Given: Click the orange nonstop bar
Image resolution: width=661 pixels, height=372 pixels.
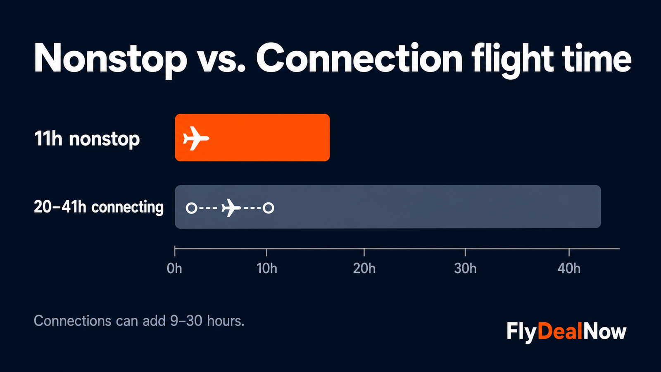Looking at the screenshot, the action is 252,138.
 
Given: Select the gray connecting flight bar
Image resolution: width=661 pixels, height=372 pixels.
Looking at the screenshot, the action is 388,207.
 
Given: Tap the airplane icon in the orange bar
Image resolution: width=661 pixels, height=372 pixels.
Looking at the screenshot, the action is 196,138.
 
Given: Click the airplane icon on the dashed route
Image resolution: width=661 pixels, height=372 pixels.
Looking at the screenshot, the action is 231,208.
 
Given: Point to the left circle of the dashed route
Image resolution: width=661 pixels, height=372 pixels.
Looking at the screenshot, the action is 192,208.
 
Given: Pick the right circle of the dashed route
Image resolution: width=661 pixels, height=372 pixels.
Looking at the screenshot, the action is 269,208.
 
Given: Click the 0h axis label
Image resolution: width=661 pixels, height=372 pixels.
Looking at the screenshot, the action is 174,269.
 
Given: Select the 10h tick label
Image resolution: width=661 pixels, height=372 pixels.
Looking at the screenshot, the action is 267,269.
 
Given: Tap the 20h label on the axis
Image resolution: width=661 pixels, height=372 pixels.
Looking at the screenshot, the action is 364,269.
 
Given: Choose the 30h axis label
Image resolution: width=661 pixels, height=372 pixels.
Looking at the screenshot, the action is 465,269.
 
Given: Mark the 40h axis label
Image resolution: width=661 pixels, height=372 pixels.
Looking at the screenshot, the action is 569,269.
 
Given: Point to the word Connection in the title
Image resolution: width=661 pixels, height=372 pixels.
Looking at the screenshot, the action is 359,57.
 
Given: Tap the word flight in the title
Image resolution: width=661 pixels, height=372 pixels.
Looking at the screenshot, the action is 513,60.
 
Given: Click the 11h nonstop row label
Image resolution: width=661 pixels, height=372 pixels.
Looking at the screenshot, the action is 87,139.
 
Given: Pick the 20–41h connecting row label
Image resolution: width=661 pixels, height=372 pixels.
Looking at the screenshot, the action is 99,207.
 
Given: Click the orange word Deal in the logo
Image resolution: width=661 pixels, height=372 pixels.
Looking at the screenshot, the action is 560,331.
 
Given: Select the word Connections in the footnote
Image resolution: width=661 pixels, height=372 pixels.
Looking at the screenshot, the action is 73,321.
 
